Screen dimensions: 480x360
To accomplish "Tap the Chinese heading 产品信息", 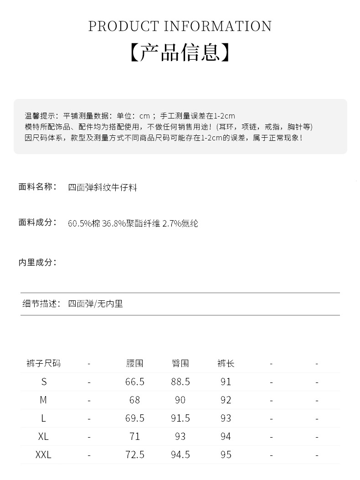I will pyautogui.click(x=180, y=52).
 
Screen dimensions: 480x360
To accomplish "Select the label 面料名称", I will pyautogui.click(x=37, y=186).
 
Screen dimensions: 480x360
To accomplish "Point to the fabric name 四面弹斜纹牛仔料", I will pyautogui.click(x=103, y=187).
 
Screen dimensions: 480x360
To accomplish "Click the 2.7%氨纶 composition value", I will pyautogui.click(x=180, y=223).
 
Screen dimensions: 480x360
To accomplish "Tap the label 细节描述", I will pyautogui.click(x=41, y=304).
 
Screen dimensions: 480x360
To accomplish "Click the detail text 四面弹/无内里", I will pyautogui.click(x=95, y=304).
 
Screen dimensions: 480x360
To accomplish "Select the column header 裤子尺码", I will pyautogui.click(x=43, y=363).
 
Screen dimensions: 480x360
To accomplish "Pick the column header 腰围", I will pyautogui.click(x=134, y=363).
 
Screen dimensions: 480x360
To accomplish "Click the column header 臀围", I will pyautogui.click(x=180, y=363).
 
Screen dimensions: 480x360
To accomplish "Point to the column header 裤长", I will pyautogui.click(x=226, y=363).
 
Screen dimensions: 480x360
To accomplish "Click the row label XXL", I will pyautogui.click(x=43, y=454).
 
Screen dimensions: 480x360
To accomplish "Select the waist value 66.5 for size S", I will pyautogui.click(x=134, y=382).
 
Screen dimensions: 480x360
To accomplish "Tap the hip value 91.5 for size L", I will pyautogui.click(x=180, y=418).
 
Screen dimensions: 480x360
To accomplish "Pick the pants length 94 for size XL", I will pyautogui.click(x=226, y=436).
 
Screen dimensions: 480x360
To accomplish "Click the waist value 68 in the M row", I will pyautogui.click(x=134, y=400).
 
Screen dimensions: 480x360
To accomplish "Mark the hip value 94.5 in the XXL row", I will pyautogui.click(x=180, y=454).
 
